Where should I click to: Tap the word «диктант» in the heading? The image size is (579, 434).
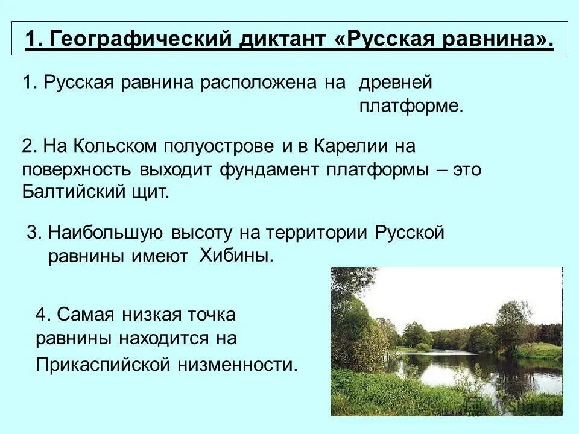(282, 40)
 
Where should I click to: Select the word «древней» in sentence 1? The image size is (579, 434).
(396, 83)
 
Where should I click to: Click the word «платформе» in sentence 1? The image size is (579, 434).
(410, 107)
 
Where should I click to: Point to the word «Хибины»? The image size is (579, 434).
(236, 255)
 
